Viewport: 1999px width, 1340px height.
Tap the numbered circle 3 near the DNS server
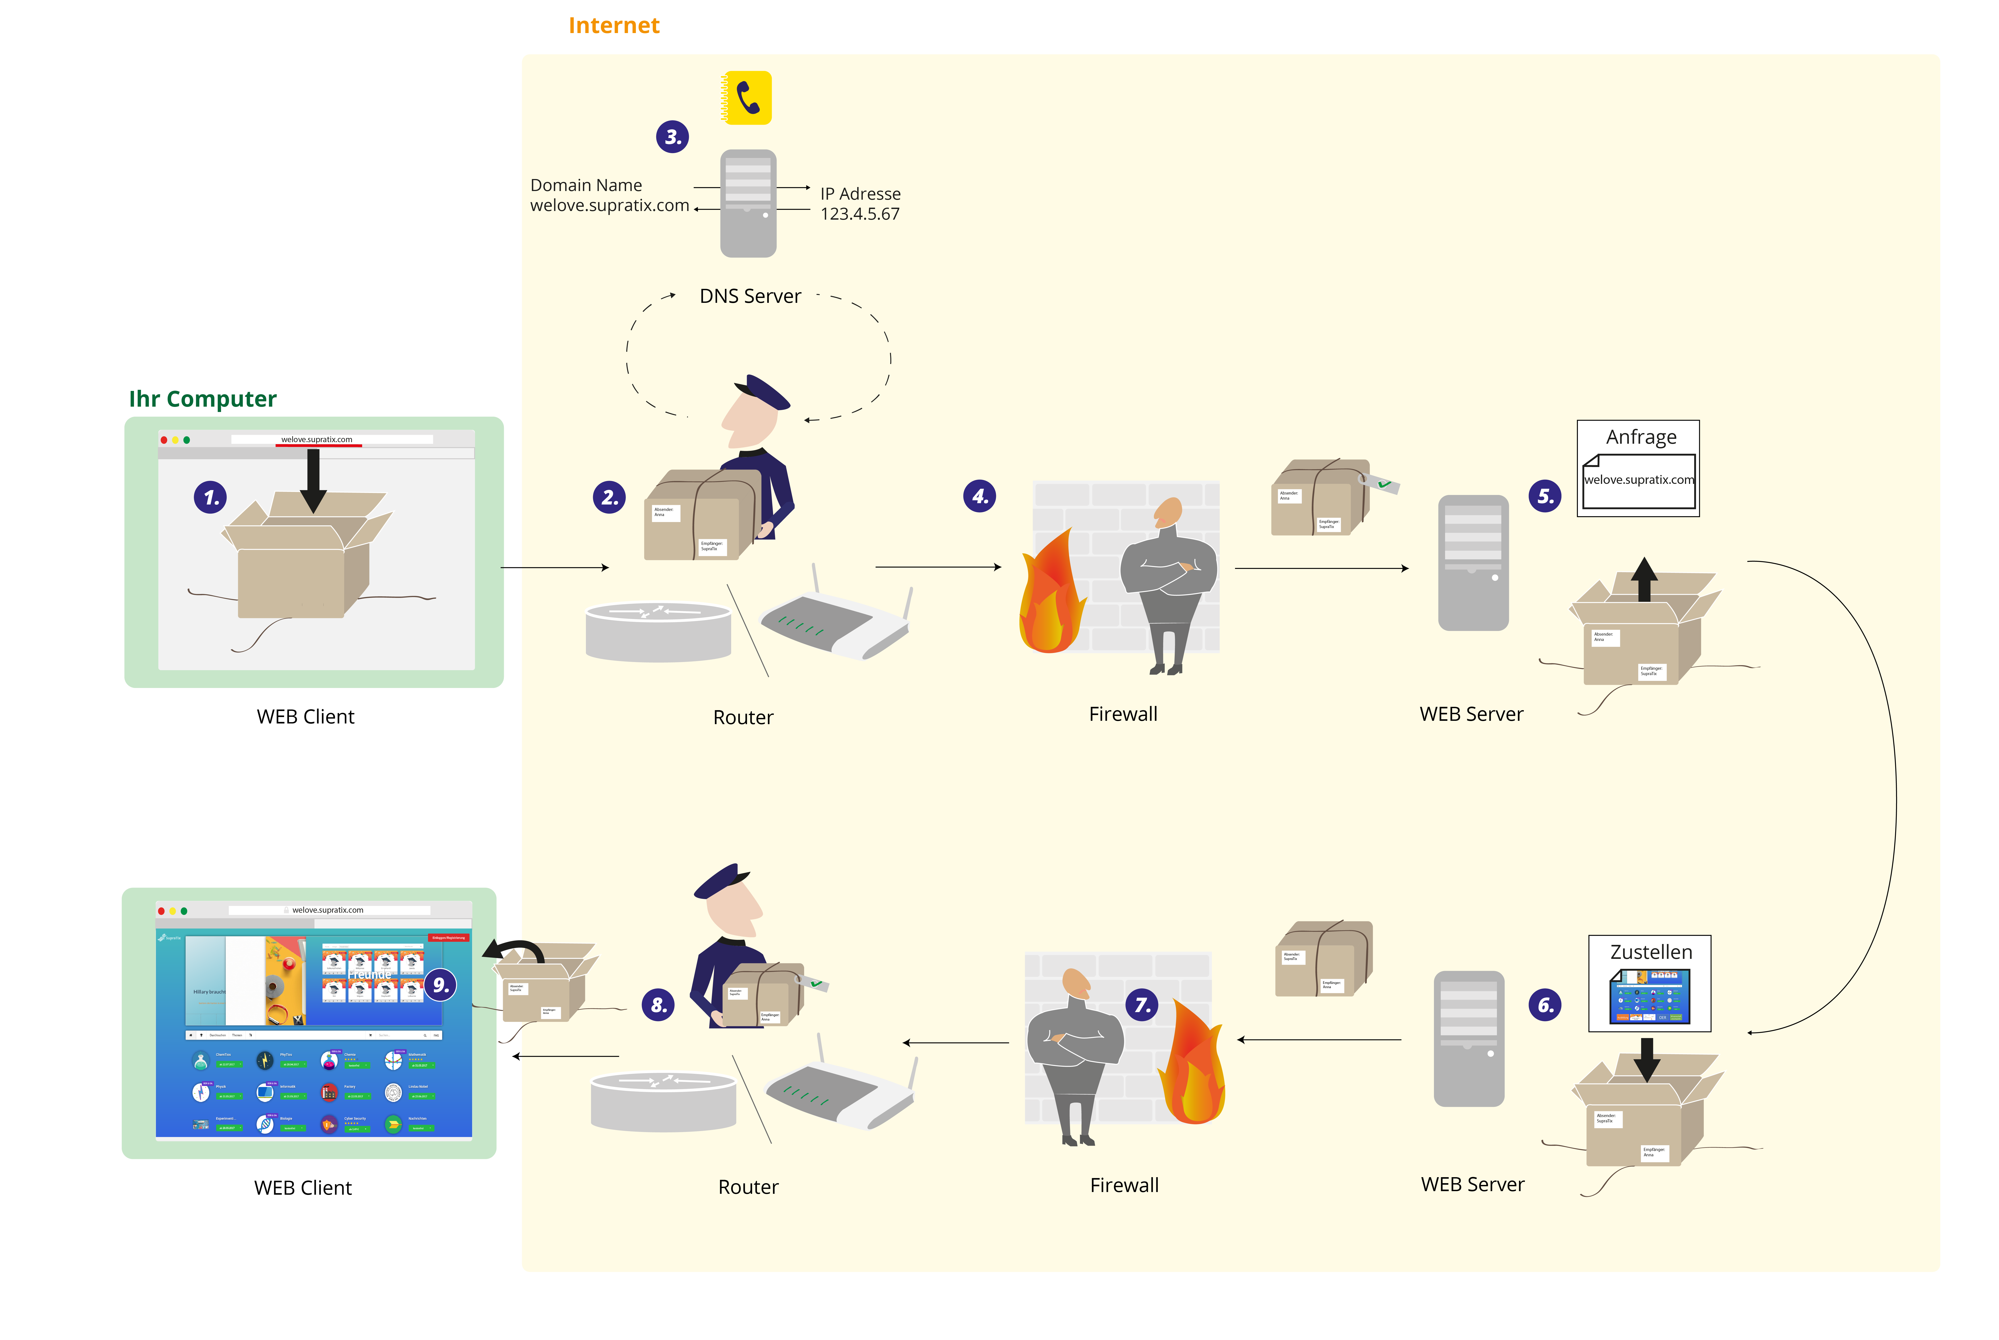point(672,137)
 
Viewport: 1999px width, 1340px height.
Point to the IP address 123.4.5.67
point(859,215)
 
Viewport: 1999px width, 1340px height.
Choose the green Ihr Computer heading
point(202,399)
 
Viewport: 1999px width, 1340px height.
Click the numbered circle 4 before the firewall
point(979,496)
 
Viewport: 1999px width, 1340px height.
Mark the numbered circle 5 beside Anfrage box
point(1545,496)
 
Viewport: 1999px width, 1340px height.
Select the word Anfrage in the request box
point(1640,437)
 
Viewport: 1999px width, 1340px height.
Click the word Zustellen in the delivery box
point(1650,952)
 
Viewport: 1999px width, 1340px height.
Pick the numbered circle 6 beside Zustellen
point(1545,1005)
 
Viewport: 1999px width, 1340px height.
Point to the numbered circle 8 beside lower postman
point(658,1005)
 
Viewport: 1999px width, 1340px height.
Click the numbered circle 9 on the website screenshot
point(440,985)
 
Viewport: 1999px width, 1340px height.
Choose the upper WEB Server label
point(1471,714)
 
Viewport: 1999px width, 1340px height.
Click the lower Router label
point(748,1187)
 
